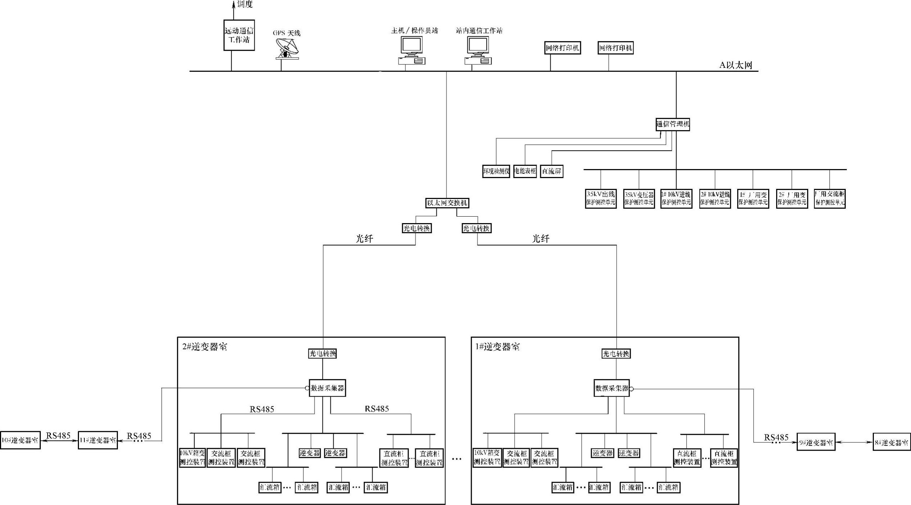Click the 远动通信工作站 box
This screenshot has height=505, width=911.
pyautogui.click(x=239, y=35)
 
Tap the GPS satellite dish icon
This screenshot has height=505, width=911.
pyautogui.click(x=287, y=49)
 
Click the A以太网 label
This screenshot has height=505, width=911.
pyautogui.click(x=736, y=65)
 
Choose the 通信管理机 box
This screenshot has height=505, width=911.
pyautogui.click(x=673, y=124)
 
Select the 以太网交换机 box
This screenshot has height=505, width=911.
pyautogui.click(x=447, y=203)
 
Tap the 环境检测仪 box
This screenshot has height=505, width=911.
pyautogui.click(x=496, y=171)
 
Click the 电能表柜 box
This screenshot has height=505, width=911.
pyautogui.click(x=525, y=171)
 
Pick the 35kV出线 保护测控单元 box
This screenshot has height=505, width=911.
pyautogui.click(x=600, y=199)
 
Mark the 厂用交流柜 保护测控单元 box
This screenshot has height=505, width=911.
pyautogui.click(x=829, y=199)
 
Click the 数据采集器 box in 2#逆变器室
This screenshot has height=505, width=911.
pyautogui.click(x=327, y=388)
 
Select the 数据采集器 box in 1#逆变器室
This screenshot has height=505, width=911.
pyautogui.click(x=612, y=388)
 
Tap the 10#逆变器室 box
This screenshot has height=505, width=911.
pyautogui.click(x=20, y=440)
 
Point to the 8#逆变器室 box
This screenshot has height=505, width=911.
pyautogui.click(x=892, y=442)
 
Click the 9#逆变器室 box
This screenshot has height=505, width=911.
pyautogui.click(x=816, y=442)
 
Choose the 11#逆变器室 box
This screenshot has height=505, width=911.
pyautogui.click(x=98, y=440)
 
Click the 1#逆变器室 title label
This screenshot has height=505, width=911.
pyautogui.click(x=498, y=347)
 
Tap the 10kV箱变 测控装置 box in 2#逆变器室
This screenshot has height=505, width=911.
pyautogui.click(x=192, y=457)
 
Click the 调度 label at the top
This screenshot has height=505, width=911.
pyautogui.click(x=245, y=4)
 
